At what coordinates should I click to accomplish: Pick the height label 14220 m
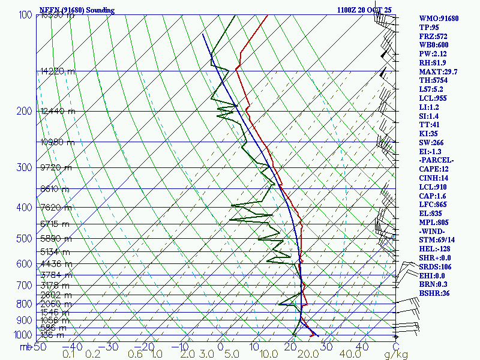coord(58,71)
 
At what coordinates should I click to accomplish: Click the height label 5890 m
coord(55,239)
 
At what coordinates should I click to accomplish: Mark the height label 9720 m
coord(55,167)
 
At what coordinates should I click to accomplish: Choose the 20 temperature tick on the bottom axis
coord(291,347)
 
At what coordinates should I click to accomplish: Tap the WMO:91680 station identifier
coord(439,19)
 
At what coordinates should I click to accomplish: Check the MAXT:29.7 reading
coord(438,72)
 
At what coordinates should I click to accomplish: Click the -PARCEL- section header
coord(437,160)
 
